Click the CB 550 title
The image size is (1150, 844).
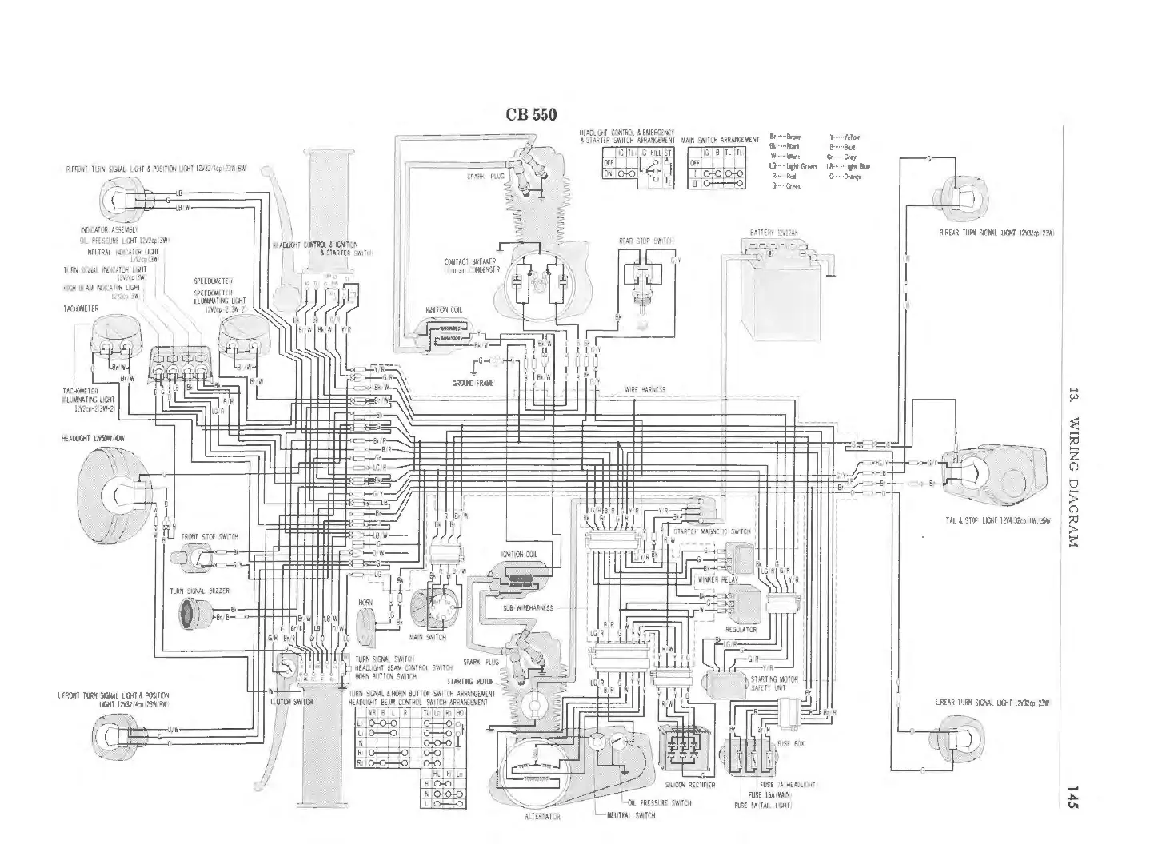(x=536, y=113)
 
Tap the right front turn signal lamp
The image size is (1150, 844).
(x=120, y=197)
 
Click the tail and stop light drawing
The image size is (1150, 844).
(x=996, y=476)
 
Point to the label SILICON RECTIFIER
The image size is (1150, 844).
(x=690, y=786)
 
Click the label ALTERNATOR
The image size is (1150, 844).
(x=542, y=817)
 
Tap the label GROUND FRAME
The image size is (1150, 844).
(x=473, y=383)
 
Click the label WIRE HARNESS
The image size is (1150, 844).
(x=645, y=390)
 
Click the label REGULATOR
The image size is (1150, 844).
(x=741, y=630)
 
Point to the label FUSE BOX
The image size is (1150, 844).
(x=790, y=743)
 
